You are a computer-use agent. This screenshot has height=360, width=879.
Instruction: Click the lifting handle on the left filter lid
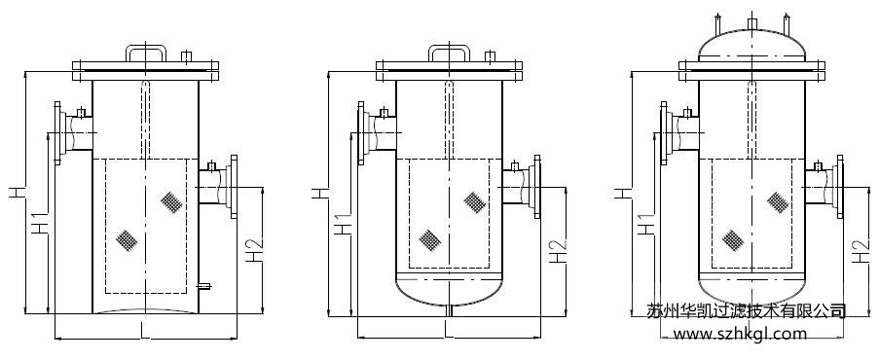146,47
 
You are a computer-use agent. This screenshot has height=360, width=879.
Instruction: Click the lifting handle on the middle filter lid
449,47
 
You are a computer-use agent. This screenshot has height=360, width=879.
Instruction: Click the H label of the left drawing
17,193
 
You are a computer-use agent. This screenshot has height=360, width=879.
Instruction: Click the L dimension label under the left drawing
145,331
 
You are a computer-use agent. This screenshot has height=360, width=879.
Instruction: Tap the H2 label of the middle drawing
558,249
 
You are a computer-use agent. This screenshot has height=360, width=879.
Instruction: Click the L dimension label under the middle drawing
448,330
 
